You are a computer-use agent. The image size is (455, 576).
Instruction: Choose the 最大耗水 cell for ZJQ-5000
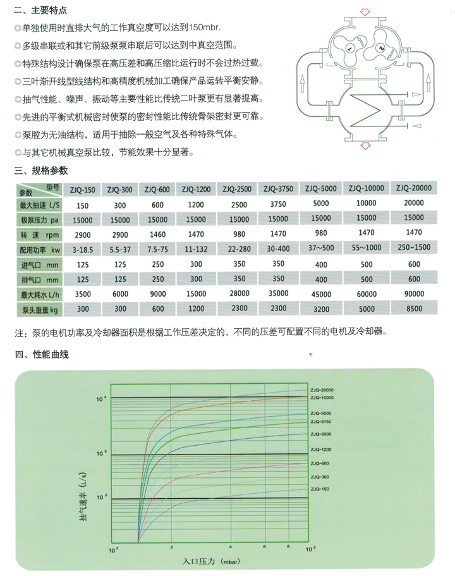tap(321, 293)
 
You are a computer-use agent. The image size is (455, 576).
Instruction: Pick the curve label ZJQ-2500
tap(321, 434)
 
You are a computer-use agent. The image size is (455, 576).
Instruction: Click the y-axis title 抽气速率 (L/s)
tap(84, 499)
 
